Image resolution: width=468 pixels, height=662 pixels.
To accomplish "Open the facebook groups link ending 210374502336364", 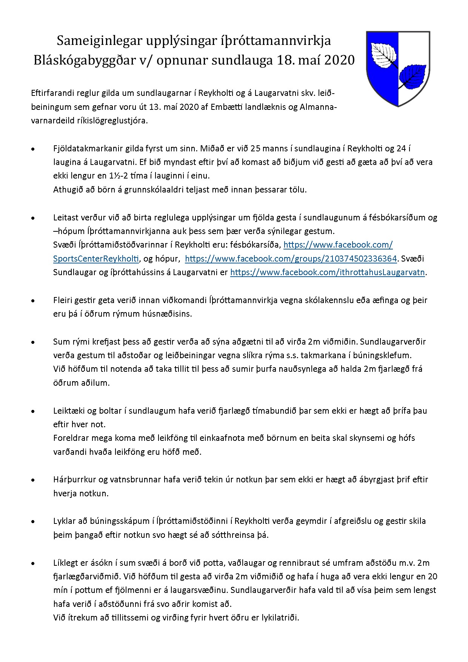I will point(291,259).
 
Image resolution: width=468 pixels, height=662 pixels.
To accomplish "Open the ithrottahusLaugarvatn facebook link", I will point(328,272).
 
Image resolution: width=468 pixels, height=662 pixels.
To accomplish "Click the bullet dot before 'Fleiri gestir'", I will point(34,301).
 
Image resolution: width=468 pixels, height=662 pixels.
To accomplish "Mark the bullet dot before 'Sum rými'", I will point(34,342).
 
